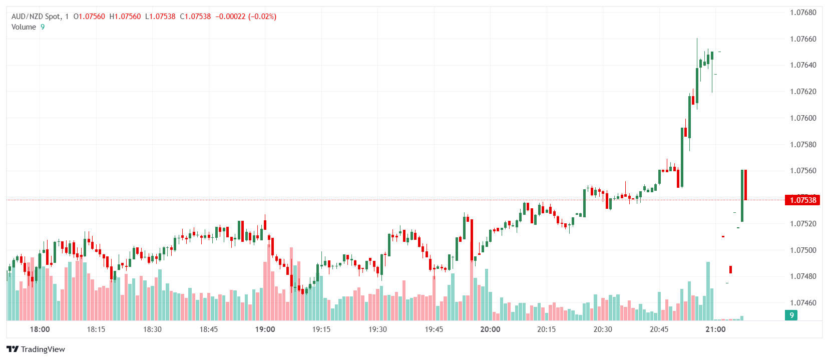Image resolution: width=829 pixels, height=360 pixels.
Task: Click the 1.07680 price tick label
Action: click(x=802, y=13)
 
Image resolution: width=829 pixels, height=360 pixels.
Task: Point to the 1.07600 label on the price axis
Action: click(x=802, y=118)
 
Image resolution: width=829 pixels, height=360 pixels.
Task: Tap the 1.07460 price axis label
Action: click(x=802, y=303)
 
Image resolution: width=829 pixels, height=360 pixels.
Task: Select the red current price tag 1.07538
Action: click(x=802, y=200)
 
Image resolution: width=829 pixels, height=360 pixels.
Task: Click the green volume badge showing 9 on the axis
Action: click(x=791, y=315)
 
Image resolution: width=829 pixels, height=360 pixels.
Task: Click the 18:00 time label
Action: click(x=40, y=329)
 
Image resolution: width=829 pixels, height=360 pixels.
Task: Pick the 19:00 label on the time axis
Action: click(x=265, y=329)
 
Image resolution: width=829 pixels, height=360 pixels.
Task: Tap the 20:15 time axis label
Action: click(x=546, y=329)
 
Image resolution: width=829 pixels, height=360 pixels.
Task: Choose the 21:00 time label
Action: click(x=715, y=329)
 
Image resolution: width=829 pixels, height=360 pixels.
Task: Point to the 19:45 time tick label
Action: click(x=434, y=329)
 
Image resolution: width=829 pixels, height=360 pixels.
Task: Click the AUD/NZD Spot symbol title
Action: click(x=36, y=17)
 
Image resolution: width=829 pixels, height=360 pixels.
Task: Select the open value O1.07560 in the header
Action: click(x=89, y=17)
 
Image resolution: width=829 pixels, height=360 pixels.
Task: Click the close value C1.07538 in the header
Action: click(x=195, y=17)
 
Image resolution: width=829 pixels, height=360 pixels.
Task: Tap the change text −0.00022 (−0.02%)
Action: click(x=246, y=17)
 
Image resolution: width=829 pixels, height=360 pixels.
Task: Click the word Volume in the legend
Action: click(x=24, y=27)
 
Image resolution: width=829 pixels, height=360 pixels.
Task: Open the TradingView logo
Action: click(x=36, y=349)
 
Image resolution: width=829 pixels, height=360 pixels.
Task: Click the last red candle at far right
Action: click(x=745, y=185)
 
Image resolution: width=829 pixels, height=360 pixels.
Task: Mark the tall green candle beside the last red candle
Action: click(x=742, y=196)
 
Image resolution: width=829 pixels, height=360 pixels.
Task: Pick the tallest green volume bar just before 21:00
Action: click(x=708, y=290)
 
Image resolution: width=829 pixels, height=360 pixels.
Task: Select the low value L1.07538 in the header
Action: click(x=160, y=17)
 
